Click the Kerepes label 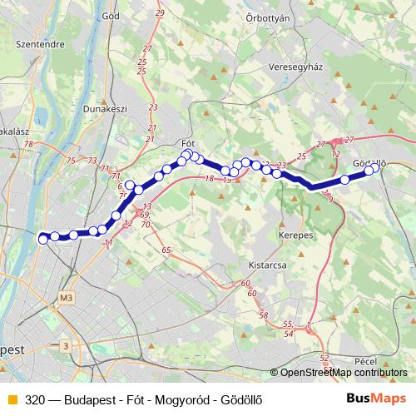[295, 235]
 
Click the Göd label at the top [110, 15]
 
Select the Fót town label [187, 143]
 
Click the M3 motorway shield [67, 298]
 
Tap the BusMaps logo [378, 398]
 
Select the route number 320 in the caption [36, 399]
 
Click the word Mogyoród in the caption [183, 399]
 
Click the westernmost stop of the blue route [43, 240]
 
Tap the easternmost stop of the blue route [374, 167]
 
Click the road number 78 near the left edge [29, 145]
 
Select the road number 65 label [166, 250]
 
